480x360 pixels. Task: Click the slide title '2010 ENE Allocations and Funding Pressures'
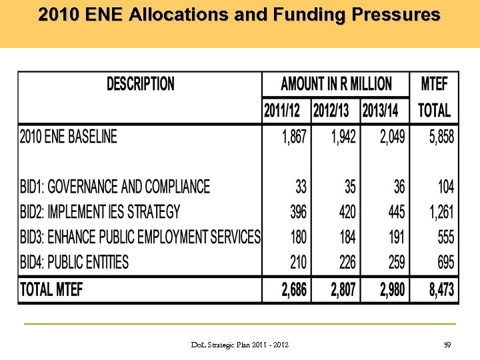(x=239, y=15)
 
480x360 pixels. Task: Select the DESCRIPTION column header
(x=141, y=84)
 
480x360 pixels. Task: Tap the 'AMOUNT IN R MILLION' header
(x=336, y=84)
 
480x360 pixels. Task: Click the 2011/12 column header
(x=286, y=110)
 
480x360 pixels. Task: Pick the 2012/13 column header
(x=335, y=110)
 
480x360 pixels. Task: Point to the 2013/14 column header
(x=385, y=110)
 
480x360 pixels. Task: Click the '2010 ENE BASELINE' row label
(x=68, y=137)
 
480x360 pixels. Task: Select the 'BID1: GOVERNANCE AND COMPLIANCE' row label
(x=115, y=187)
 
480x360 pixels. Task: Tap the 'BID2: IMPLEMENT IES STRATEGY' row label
(x=100, y=212)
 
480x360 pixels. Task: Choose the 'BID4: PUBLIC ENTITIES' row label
(x=74, y=262)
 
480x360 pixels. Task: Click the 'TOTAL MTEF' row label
(x=51, y=289)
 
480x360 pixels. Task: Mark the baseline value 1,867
(x=294, y=137)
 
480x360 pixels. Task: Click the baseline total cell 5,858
(x=441, y=137)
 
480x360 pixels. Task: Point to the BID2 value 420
(x=347, y=212)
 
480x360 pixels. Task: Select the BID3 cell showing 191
(x=396, y=237)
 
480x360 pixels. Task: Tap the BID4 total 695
(x=446, y=262)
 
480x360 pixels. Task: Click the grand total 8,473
(x=441, y=289)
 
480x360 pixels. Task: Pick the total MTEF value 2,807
(x=343, y=289)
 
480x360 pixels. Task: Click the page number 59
(x=447, y=345)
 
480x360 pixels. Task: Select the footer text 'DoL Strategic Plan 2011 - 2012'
(x=240, y=345)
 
